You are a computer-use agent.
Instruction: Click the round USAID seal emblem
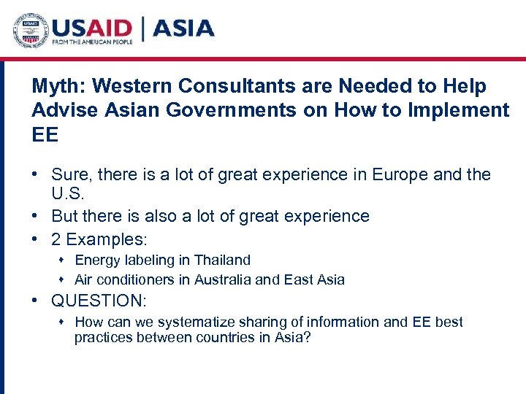pyautogui.click(x=30, y=31)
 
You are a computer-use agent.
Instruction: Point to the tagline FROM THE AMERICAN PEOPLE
pyautogui.click(x=92, y=44)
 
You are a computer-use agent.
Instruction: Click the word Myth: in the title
pyautogui.click(x=58, y=87)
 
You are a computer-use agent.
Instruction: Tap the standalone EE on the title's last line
pyautogui.click(x=45, y=135)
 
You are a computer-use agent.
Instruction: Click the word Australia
pyautogui.click(x=238, y=279)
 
